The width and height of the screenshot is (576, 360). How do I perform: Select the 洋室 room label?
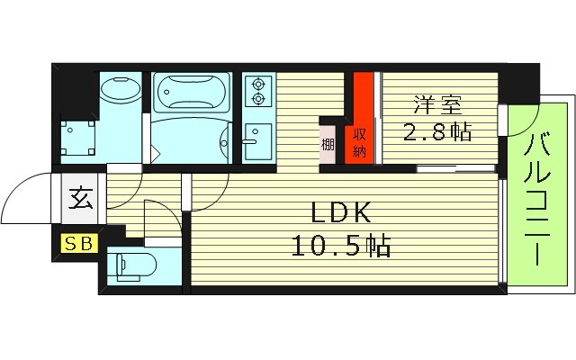coord(430,103)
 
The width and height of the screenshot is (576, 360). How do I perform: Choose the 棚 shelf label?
coord(328,142)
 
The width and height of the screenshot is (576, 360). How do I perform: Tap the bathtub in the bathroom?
coord(193,93)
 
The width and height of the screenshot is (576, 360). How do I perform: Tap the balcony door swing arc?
coord(520,121)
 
